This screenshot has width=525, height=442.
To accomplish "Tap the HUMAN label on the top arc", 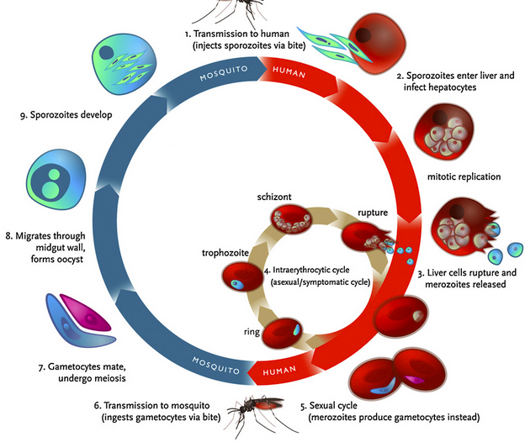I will click(x=288, y=74).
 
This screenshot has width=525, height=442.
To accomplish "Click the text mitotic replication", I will click(x=465, y=176).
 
